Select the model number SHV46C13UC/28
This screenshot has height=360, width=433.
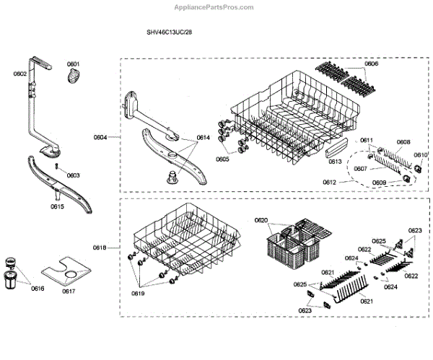(170, 32)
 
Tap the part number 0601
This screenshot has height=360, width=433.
(73, 64)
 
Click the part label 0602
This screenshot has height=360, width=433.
(19, 74)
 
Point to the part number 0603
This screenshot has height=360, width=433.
(74, 175)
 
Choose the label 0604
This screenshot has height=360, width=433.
(100, 136)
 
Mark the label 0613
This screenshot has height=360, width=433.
(334, 162)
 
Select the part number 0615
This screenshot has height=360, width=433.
(58, 207)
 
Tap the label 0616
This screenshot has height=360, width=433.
(37, 288)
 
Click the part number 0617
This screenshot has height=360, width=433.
(69, 291)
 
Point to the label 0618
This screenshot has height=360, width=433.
(100, 247)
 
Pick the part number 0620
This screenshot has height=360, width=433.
(261, 220)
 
